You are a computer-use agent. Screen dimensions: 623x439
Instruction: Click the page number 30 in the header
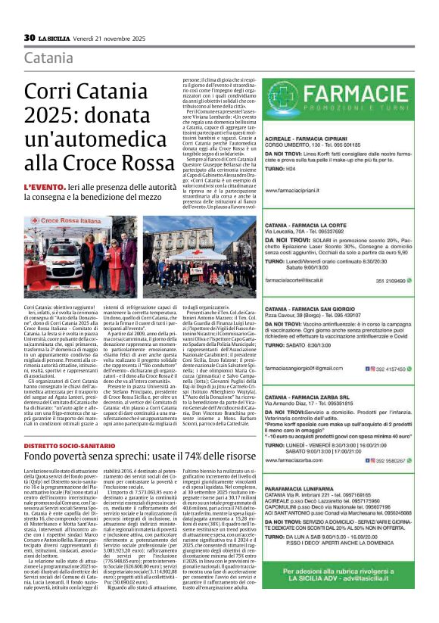(x=30, y=38)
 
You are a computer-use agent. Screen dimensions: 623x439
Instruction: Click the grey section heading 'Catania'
(x=48, y=58)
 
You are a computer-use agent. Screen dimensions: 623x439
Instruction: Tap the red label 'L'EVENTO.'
(x=45, y=186)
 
